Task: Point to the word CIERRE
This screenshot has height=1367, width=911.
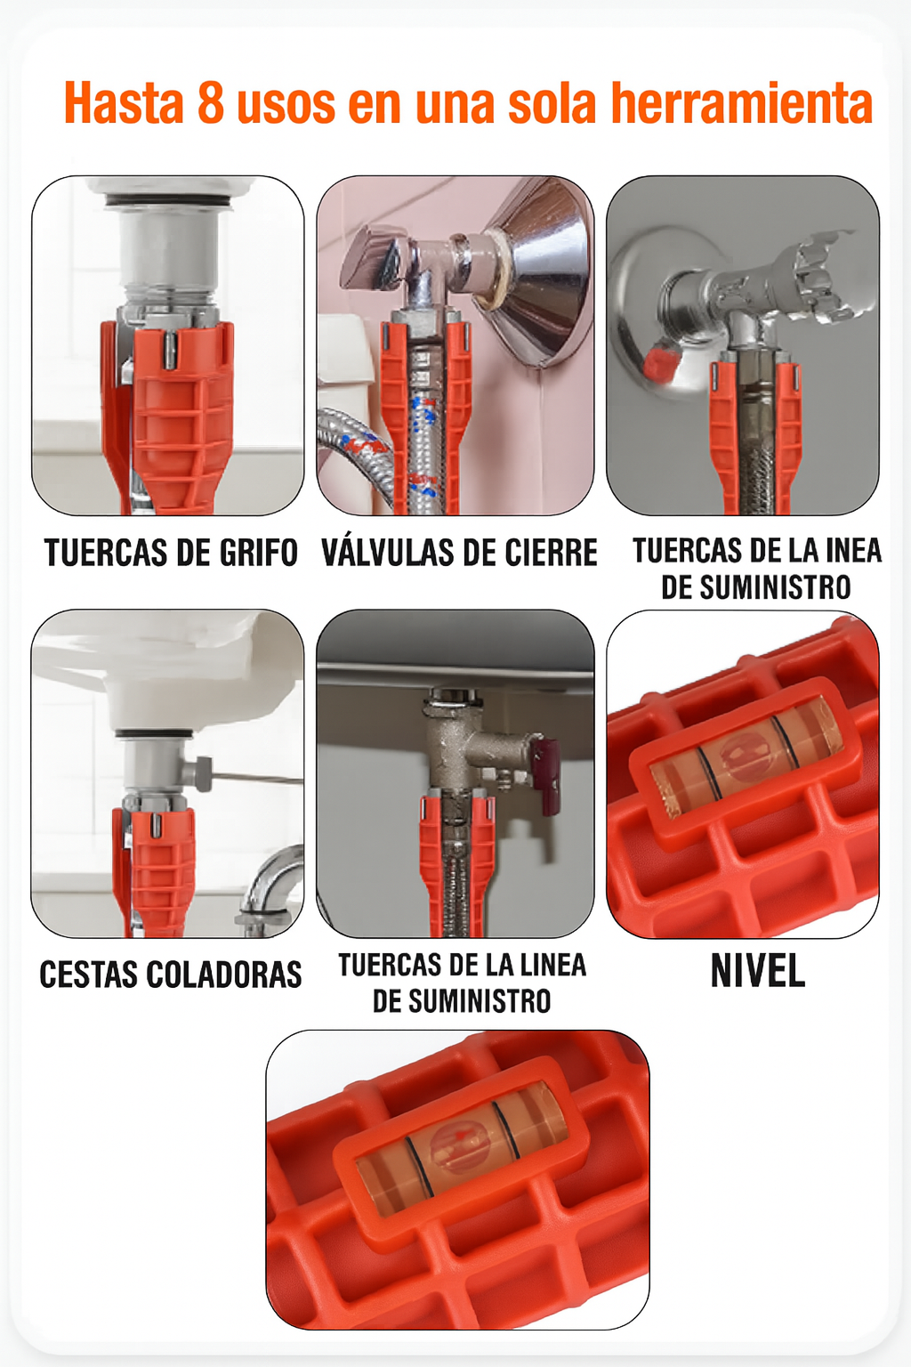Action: [x=552, y=553]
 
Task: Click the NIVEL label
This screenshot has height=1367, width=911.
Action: [x=758, y=970]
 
